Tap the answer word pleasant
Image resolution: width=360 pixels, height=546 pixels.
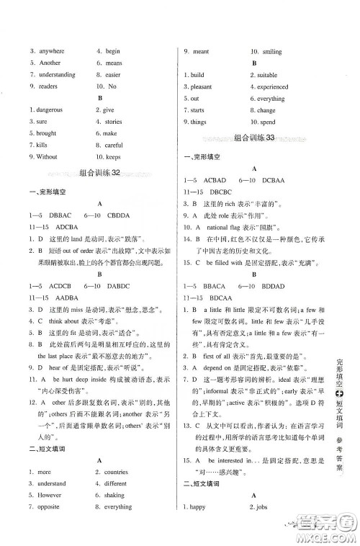click(x=201, y=86)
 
